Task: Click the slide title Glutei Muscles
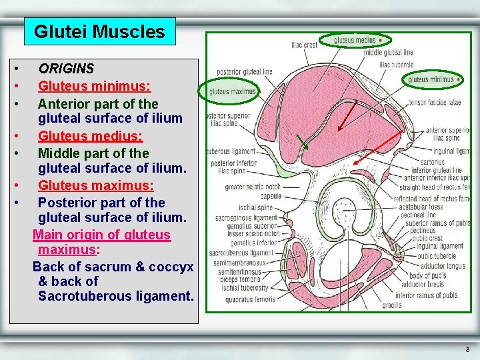pos(99,31)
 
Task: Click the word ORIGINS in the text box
pos(66,69)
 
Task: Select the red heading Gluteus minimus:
pos(94,86)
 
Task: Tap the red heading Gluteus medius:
pos(90,136)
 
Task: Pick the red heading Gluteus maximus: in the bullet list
pos(95,185)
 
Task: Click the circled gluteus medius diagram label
pos(355,40)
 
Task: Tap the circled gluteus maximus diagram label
pos(232,91)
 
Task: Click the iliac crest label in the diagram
pos(304,45)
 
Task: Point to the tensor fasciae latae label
pos(435,103)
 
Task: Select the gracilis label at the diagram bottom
pos(392,306)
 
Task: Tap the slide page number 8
pos(467,349)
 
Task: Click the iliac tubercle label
pos(396,65)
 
